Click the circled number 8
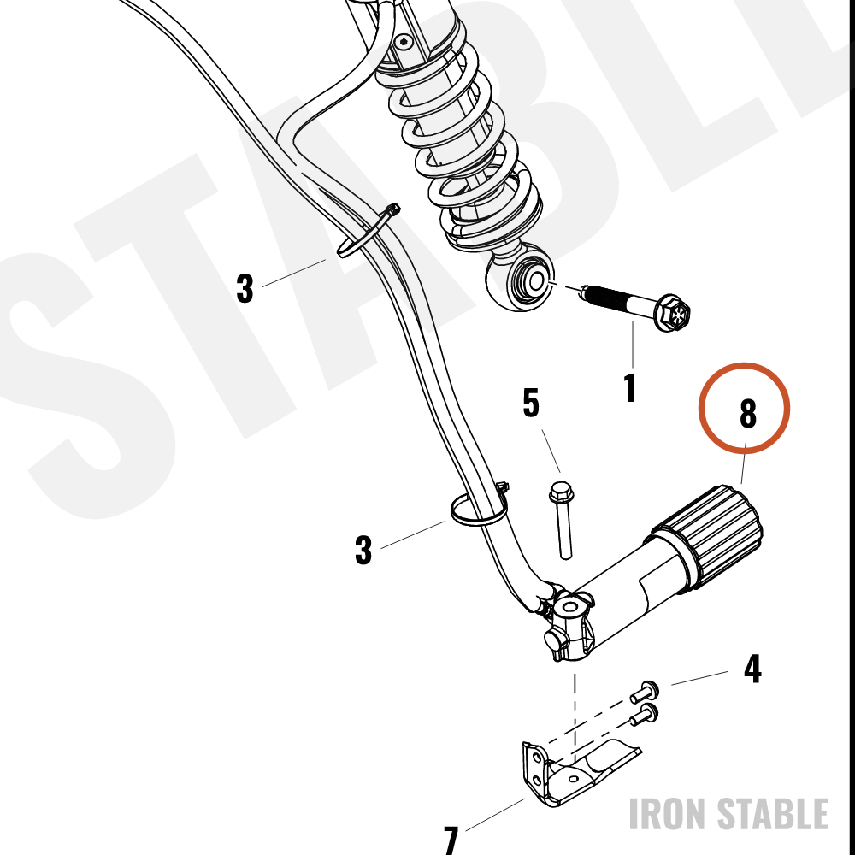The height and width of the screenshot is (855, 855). click(747, 413)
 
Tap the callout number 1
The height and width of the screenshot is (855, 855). click(630, 387)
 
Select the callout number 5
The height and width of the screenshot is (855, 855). click(531, 403)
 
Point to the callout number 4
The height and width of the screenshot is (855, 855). click(752, 669)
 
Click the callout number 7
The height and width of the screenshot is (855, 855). click(451, 840)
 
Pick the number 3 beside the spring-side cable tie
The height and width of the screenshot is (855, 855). click(245, 288)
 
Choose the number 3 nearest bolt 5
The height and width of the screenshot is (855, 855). click(363, 550)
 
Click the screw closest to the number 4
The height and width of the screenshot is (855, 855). click(645, 693)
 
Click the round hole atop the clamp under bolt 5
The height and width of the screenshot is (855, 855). click(569, 607)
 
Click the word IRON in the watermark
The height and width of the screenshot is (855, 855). click(667, 814)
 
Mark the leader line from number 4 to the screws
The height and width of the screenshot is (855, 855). click(699, 678)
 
